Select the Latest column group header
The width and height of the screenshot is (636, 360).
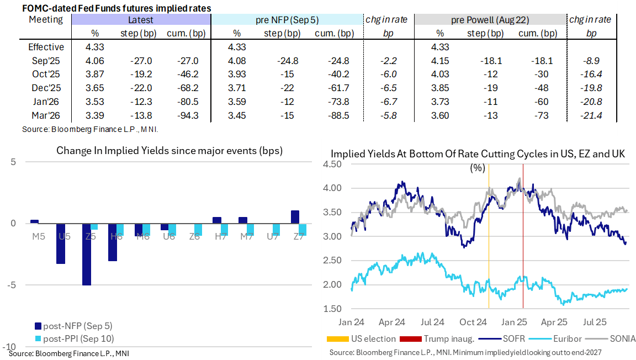click(141, 20)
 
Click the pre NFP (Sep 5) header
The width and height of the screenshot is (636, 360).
click(287, 20)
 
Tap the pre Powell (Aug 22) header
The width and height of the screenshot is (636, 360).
click(490, 20)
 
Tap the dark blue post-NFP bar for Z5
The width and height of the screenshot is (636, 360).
click(86, 255)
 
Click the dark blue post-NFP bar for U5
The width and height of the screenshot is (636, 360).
click(61, 243)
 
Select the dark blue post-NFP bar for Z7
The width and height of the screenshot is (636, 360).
click(295, 217)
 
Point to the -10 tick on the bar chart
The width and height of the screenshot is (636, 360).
click(11, 346)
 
